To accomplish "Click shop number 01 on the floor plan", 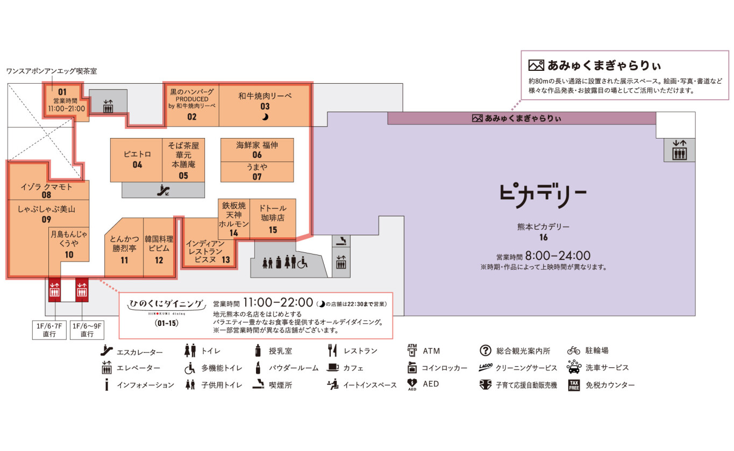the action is (62, 92).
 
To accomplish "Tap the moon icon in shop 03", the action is (265, 117).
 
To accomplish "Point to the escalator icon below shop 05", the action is (163, 190).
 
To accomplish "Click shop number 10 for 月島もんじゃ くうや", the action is (69, 254).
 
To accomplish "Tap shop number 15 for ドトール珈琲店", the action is (273, 230).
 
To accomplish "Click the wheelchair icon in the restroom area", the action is (302, 263).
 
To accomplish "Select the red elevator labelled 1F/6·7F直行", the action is (54, 289).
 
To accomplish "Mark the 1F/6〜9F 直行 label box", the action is (87, 330).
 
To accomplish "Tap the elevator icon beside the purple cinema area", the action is (679, 150).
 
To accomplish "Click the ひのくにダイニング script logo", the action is (166, 304).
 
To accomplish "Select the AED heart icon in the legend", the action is (412, 384).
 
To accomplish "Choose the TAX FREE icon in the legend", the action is (574, 385).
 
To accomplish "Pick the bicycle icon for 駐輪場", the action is (573, 351).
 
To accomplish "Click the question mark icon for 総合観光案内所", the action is (485, 351).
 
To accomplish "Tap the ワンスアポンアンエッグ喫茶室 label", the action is (52, 71).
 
